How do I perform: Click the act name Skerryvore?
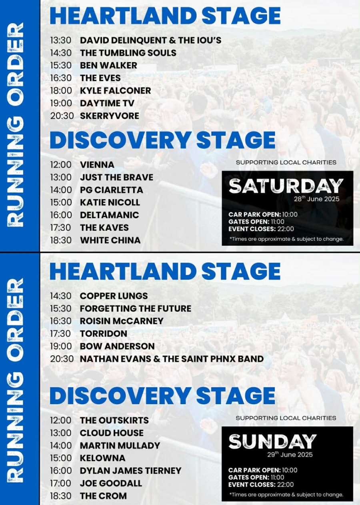pyautogui.click(x=109, y=116)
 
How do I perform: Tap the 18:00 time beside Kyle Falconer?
pyautogui.click(x=61, y=91)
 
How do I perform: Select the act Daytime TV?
pyautogui.click(x=107, y=103)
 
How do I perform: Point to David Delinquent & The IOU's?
pyautogui.click(x=151, y=40)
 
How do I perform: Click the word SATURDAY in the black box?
pyautogui.click(x=286, y=186)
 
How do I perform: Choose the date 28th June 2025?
pyautogui.click(x=316, y=199)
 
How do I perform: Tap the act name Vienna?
pyautogui.click(x=97, y=165)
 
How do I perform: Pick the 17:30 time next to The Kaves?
pyautogui.click(x=60, y=228)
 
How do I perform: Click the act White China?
pyautogui.click(x=110, y=240)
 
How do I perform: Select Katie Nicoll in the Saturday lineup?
pyautogui.click(x=110, y=202)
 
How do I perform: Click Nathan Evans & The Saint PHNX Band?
pyautogui.click(x=172, y=359)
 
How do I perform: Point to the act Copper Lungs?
pyautogui.click(x=114, y=296)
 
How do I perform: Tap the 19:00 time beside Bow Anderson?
pyautogui.click(x=61, y=346)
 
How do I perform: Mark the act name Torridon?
pyautogui.click(x=104, y=333)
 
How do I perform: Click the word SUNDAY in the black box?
pyautogui.click(x=272, y=441)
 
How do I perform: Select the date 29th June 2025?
pyautogui.click(x=290, y=454)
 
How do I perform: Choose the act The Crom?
pyautogui.click(x=103, y=496)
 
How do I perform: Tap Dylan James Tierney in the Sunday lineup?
pyautogui.click(x=131, y=471)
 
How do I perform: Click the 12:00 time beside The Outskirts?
pyautogui.click(x=61, y=421)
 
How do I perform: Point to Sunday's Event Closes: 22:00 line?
pyautogui.click(x=261, y=485)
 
